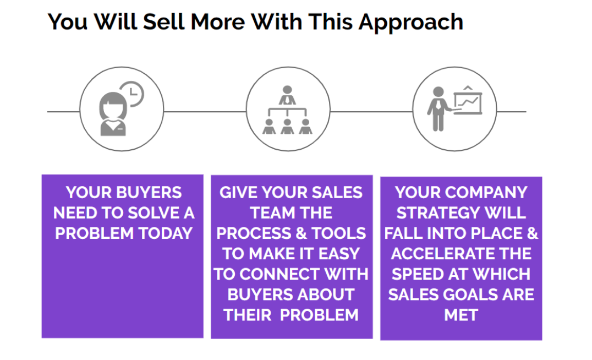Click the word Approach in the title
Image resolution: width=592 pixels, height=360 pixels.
[x=410, y=22]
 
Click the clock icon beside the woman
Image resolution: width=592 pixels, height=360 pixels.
[x=132, y=94]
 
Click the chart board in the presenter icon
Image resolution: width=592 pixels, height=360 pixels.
[x=468, y=102]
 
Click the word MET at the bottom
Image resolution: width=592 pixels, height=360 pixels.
[x=461, y=315]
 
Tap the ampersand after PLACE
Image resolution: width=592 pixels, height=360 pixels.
[x=533, y=233]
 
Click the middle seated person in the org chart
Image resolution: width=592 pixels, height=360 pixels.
[x=287, y=127]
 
